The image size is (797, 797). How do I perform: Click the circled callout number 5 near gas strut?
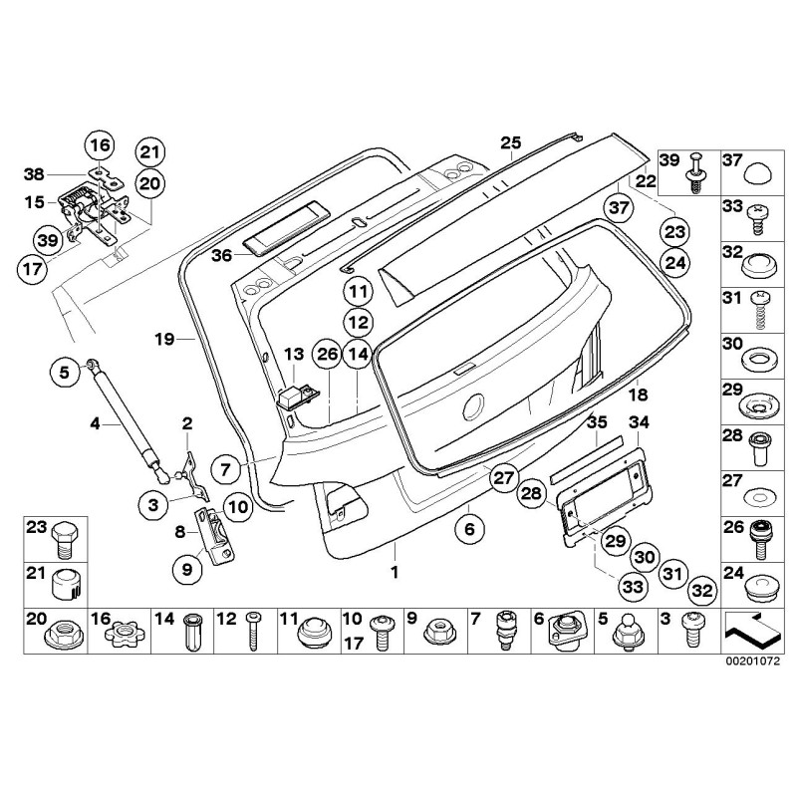[63, 374]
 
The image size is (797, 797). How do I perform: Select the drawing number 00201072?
[752, 659]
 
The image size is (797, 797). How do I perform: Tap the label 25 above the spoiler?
[511, 143]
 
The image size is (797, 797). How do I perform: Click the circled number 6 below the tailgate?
[468, 529]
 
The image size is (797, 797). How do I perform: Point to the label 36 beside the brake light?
[221, 255]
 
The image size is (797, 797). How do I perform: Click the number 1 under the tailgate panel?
[395, 573]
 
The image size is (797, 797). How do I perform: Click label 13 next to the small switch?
[293, 354]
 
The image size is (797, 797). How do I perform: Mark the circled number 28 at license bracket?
[531, 494]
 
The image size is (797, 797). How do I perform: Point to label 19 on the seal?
[164, 339]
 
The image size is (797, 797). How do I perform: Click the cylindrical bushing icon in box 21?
[66, 583]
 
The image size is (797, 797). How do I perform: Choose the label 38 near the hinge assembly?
[35, 172]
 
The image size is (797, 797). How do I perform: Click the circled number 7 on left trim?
[225, 467]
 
